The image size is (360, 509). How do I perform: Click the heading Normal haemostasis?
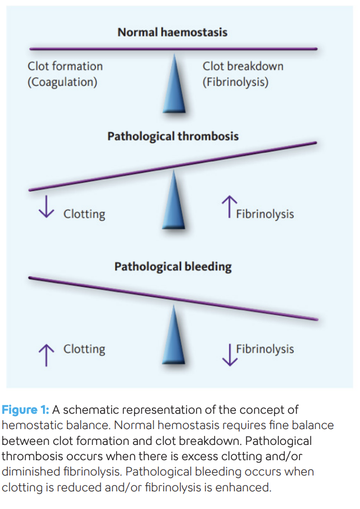[172, 32]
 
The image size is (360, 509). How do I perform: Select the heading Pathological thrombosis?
[173, 136]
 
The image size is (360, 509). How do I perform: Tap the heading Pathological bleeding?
[173, 267]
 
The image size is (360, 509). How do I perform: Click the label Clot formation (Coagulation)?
[65, 74]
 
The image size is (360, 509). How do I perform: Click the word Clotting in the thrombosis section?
[84, 214]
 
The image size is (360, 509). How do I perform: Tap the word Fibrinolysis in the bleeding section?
[265, 349]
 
